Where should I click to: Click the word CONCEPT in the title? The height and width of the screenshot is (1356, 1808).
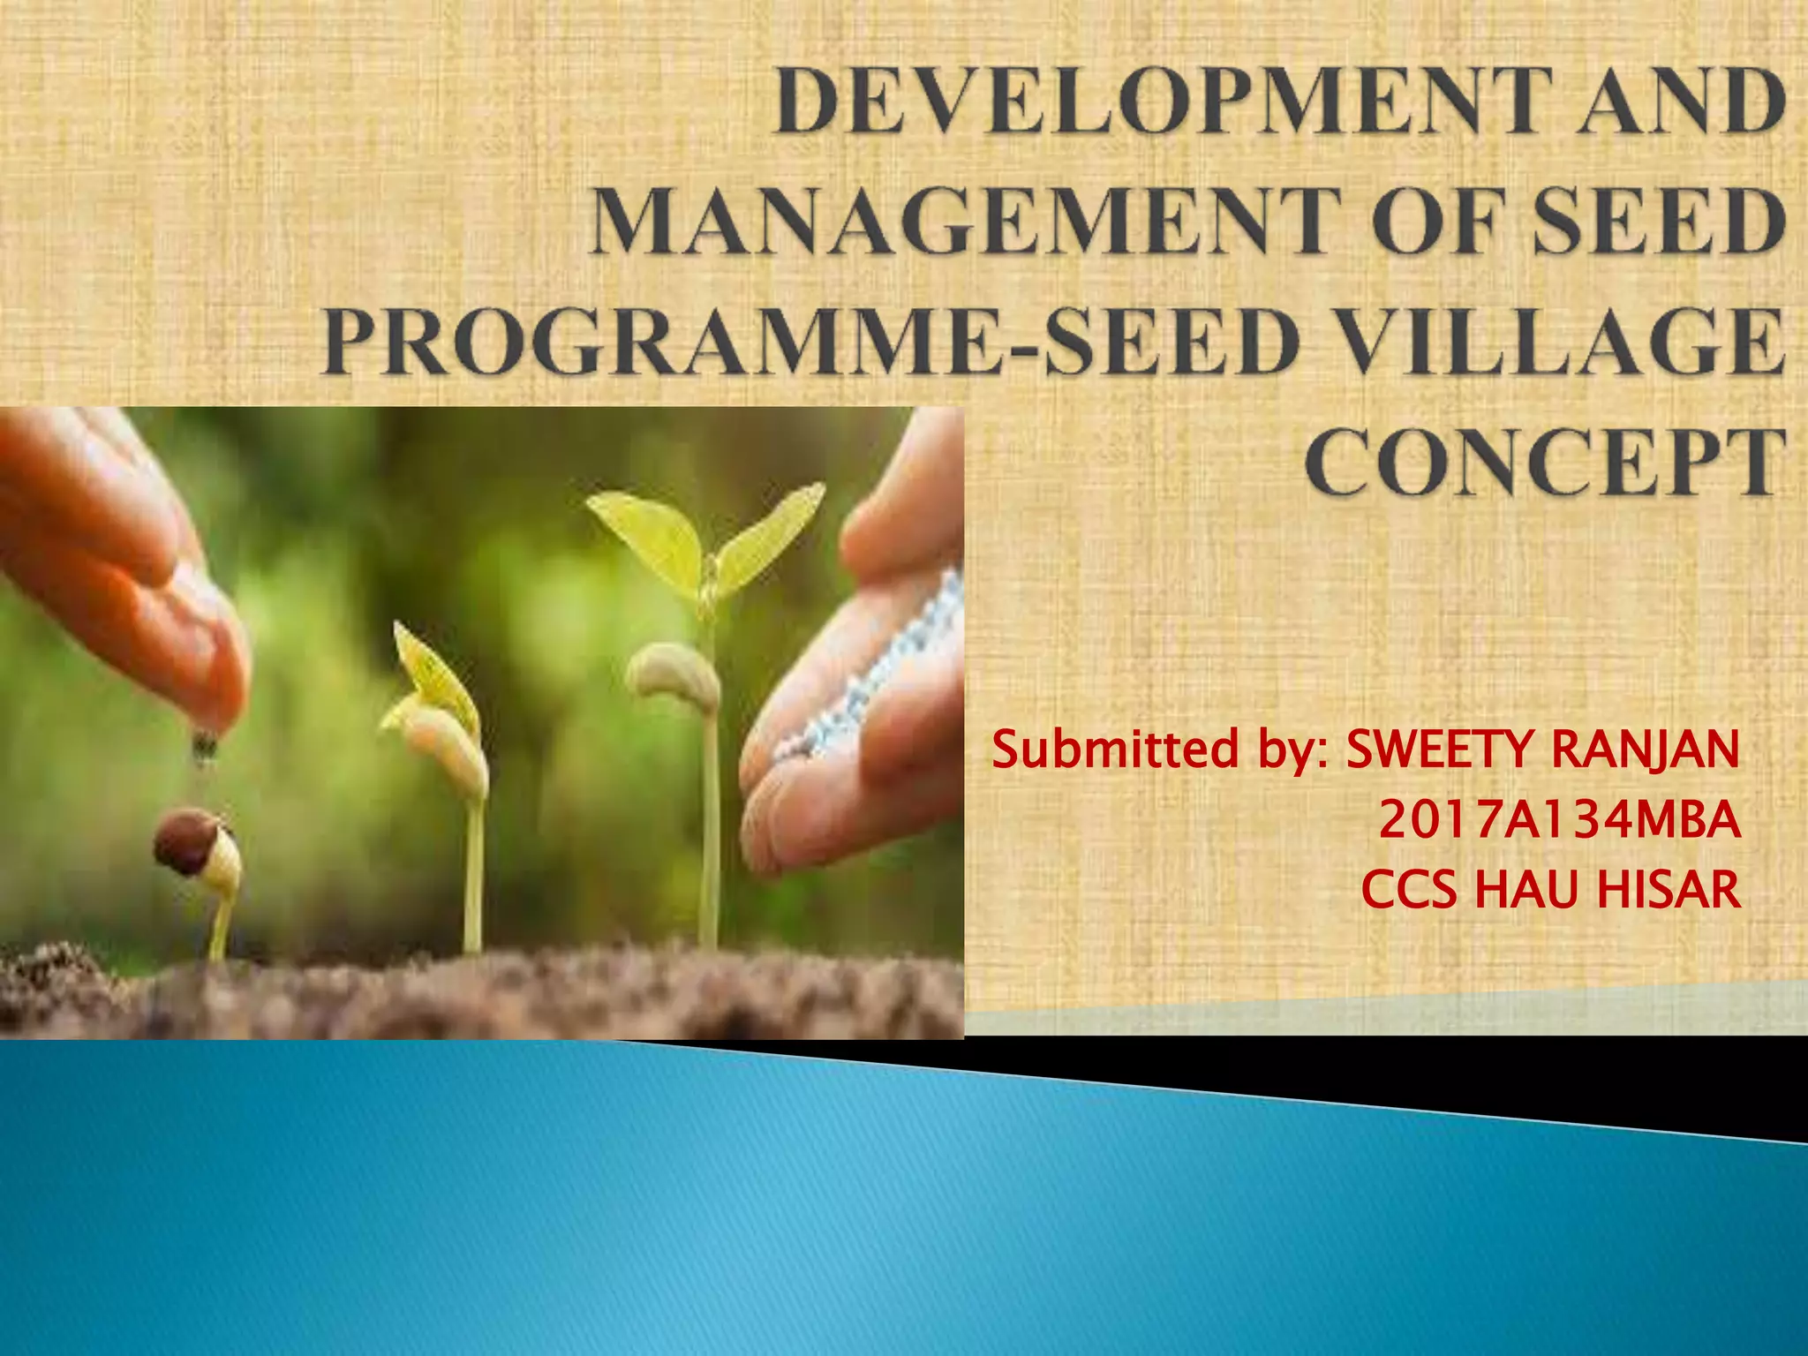pyautogui.click(x=1544, y=463)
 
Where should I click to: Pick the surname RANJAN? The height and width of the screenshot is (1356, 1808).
pyautogui.click(x=1646, y=750)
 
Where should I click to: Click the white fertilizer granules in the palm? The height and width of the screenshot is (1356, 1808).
pyautogui.click(x=892, y=671)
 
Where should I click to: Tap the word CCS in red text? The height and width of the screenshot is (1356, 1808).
pyautogui.click(x=1409, y=890)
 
